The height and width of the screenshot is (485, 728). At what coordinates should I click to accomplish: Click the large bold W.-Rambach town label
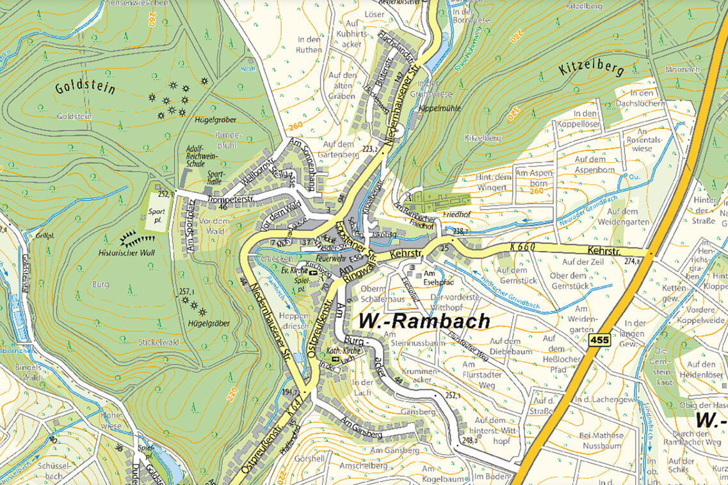tap(425, 321)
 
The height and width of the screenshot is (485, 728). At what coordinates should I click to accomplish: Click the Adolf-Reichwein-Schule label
tap(195, 155)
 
